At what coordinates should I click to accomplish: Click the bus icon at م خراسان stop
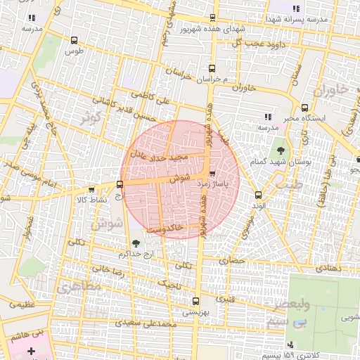point(212,68)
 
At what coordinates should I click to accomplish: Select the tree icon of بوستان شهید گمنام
point(281,150)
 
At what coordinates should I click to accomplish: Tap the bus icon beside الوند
point(257,194)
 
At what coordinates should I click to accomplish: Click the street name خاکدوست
point(166,228)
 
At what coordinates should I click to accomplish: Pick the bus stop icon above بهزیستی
point(195,300)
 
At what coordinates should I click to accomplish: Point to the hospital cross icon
point(30,349)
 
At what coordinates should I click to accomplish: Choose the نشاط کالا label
point(91,199)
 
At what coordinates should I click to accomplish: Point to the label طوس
point(74,51)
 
